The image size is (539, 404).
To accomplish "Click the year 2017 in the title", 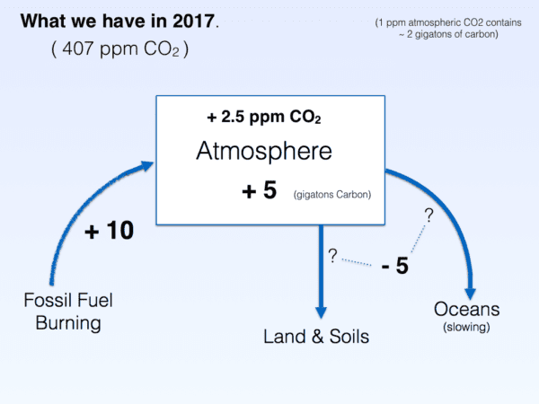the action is click(x=193, y=21).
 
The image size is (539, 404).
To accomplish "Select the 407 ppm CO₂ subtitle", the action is click(x=120, y=48).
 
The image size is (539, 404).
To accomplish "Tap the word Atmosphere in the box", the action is click(x=264, y=151).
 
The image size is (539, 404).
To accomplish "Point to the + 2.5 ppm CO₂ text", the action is click(x=264, y=117).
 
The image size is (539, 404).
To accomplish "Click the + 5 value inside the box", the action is click(x=260, y=190).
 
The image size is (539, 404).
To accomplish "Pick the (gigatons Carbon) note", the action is click(x=332, y=195).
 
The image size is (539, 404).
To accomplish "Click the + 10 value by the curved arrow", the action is click(x=110, y=230).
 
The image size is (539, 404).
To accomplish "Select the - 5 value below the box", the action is click(x=395, y=266).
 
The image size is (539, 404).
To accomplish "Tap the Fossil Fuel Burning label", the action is click(x=68, y=312).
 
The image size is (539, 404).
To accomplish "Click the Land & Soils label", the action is click(x=316, y=337).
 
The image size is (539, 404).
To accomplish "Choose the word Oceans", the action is click(x=466, y=309).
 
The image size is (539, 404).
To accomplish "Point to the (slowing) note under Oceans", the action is click(x=466, y=327).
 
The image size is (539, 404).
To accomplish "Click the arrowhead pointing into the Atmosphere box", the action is click(x=147, y=166).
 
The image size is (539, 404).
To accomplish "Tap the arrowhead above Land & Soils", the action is click(x=321, y=312).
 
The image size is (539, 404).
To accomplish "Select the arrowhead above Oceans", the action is click(x=470, y=294).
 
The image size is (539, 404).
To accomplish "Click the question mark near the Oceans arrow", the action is click(x=429, y=215).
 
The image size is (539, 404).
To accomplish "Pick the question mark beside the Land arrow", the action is click(x=332, y=256).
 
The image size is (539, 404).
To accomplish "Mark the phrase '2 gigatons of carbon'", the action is click(x=451, y=34).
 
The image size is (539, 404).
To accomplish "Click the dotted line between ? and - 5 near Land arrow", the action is click(x=357, y=262).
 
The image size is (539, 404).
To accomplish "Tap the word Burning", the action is click(x=68, y=323).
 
